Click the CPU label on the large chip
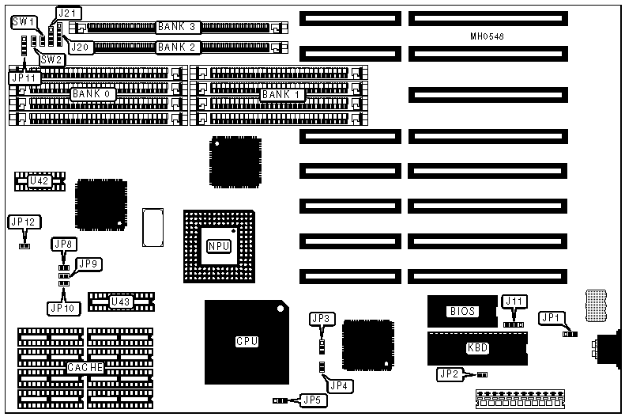pyautogui.click(x=247, y=342)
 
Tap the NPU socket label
pyautogui.click(x=218, y=246)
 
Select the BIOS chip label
pyautogui.click(x=462, y=311)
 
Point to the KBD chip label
pyautogui.click(x=478, y=347)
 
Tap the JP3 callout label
pyautogui.click(x=321, y=319)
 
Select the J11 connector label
pyautogui.click(x=514, y=301)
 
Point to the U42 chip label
pyautogui.click(x=40, y=181)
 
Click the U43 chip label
pyautogui.click(x=120, y=301)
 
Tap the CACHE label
pyautogui.click(x=84, y=369)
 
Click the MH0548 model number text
pyautogui.click(x=486, y=36)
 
